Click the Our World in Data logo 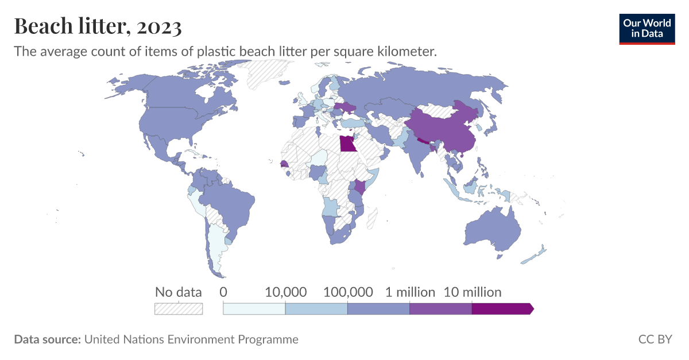(647, 29)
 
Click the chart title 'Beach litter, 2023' (98, 26)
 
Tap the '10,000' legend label (285, 292)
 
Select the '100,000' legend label (348, 292)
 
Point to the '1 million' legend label (409, 292)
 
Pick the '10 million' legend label (472, 292)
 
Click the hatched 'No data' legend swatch (179, 309)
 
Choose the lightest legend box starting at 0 (254, 309)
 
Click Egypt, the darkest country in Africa (348, 143)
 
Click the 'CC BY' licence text (655, 339)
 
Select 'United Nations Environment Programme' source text (191, 339)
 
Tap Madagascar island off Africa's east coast (371, 218)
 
